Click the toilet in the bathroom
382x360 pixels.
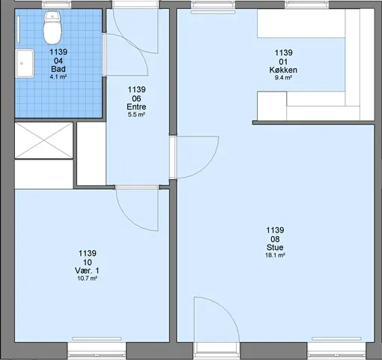52,28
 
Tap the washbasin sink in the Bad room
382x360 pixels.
25,63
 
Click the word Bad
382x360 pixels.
58,69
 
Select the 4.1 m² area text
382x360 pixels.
58,77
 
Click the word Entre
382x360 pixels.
136,106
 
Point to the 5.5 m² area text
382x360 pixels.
136,115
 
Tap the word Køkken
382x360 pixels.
283,70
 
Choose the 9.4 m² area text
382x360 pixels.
283,78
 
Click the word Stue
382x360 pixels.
275,247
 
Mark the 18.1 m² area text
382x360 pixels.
275,256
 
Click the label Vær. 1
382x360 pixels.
87,271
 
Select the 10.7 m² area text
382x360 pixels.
87,278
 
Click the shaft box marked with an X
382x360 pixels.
43,140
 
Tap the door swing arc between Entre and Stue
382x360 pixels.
209,167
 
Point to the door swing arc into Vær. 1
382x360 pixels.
130,219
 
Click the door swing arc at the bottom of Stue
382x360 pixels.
225,309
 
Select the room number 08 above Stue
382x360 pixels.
275,239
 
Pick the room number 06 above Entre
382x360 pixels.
136,98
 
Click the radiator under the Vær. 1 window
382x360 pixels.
97,338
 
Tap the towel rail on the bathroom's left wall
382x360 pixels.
19,29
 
